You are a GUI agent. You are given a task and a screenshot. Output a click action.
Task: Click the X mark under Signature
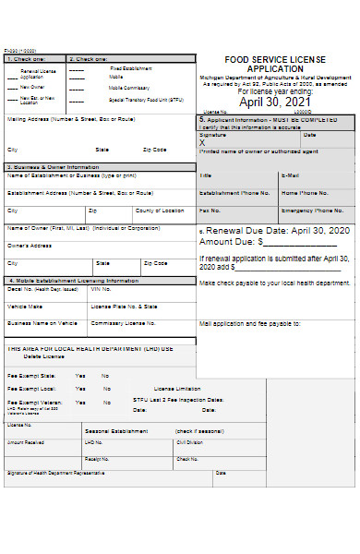coord(202,142)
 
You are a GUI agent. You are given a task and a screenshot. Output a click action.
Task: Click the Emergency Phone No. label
coord(306,211)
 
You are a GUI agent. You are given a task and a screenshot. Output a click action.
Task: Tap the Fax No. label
coord(209,211)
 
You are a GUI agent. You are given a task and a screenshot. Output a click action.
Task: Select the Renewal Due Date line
coord(276,230)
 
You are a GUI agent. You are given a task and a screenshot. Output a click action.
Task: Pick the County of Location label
coord(160,211)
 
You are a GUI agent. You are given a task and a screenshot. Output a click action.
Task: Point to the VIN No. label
coord(101,288)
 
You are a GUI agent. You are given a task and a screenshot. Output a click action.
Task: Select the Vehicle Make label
coord(25,306)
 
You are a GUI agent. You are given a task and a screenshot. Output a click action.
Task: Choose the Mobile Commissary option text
coord(130,87)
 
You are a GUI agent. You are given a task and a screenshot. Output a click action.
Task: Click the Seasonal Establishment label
coord(116,431)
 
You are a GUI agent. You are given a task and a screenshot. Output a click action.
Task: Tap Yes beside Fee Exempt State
coord(80,376)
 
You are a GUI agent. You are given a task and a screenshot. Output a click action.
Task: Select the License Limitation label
coord(176,389)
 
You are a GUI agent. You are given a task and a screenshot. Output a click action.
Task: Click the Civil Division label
coord(190,442)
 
